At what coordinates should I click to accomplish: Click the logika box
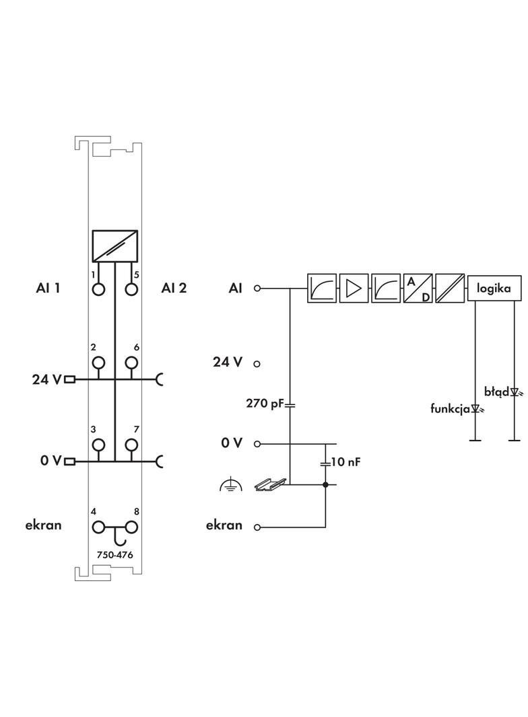coord(494,289)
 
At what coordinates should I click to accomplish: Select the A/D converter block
coord(418,289)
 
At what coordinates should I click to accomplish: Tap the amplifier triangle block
coord(353,289)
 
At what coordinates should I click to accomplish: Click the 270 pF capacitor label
coord(265,404)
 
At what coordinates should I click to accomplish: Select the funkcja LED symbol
coord(476,408)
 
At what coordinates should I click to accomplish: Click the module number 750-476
coord(115,555)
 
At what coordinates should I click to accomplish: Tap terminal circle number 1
coord(99,289)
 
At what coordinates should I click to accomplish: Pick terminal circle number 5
coord(131,289)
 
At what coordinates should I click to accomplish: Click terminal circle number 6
coord(131,363)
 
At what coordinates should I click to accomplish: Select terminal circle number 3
coord(99,445)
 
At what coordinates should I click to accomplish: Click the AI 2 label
coord(174,289)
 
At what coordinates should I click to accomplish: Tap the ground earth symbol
coord(230,485)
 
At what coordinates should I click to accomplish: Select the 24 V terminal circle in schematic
coord(257,363)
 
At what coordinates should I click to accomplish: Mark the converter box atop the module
coord(115,246)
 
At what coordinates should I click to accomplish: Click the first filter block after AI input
coord(321,289)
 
